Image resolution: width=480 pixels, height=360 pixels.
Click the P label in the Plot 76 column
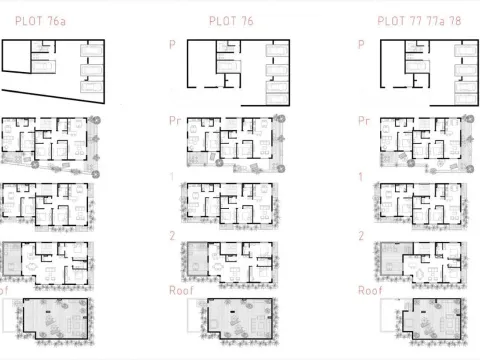click(173, 45)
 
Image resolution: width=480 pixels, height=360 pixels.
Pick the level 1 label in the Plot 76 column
click(172, 177)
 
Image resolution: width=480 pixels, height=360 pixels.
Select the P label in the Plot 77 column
click(361, 45)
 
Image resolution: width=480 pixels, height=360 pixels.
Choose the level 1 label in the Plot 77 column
click(361, 177)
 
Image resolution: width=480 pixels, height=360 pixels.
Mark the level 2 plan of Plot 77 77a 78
click(420, 262)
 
